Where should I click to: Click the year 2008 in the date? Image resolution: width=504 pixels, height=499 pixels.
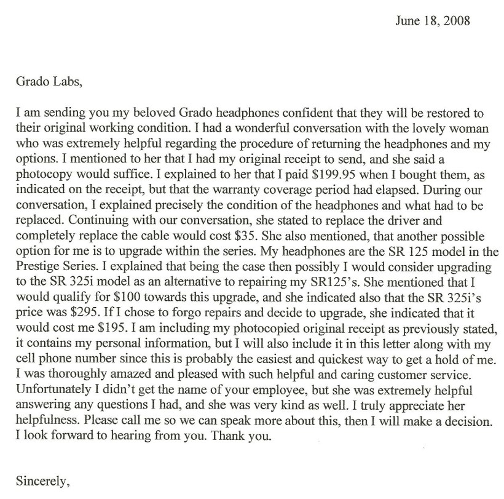457,20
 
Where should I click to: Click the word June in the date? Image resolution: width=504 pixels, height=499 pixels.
405,20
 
